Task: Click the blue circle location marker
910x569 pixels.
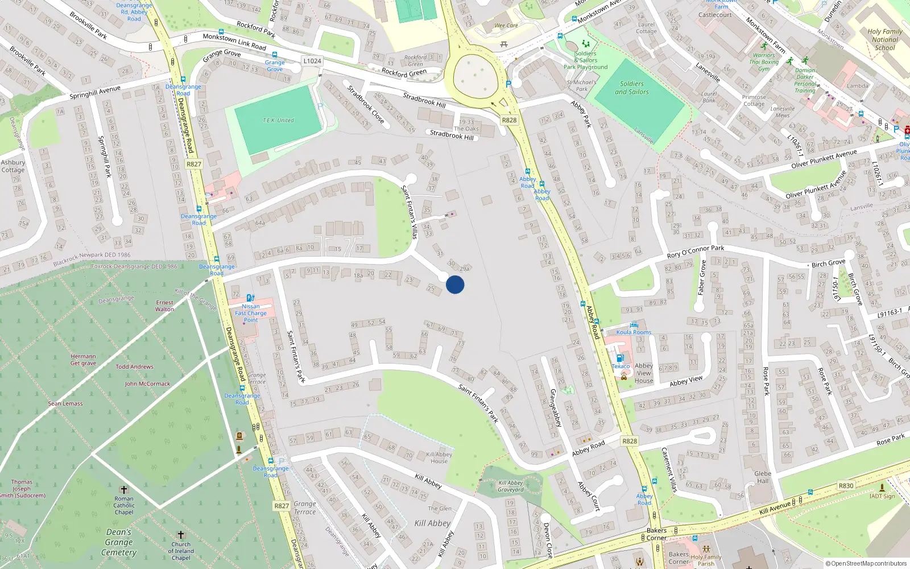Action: tap(455, 284)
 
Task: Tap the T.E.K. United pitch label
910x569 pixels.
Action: tap(278, 121)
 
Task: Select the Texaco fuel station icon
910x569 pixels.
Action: tap(619, 358)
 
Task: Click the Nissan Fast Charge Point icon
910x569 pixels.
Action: tap(250, 298)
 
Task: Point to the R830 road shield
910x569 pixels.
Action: tap(846, 485)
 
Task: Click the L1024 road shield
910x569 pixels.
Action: tap(312, 61)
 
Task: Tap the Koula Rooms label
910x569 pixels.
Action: tap(634, 332)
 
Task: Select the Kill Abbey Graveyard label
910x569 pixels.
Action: tap(511, 486)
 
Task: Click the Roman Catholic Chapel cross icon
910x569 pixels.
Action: tap(123, 490)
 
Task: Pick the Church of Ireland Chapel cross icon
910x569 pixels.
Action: tap(181, 535)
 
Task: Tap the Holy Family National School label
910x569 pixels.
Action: tap(884, 40)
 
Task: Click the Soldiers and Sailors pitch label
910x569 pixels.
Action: tap(631, 88)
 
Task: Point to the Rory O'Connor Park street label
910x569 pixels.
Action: tap(695, 251)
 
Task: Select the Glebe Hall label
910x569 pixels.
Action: tap(763, 477)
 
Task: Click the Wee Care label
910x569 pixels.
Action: tap(506, 26)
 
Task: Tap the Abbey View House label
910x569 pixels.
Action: tap(644, 373)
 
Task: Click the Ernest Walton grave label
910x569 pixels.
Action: tap(164, 306)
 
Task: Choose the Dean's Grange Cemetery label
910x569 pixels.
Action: tap(119, 542)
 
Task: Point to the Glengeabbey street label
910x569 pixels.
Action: tap(556, 407)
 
